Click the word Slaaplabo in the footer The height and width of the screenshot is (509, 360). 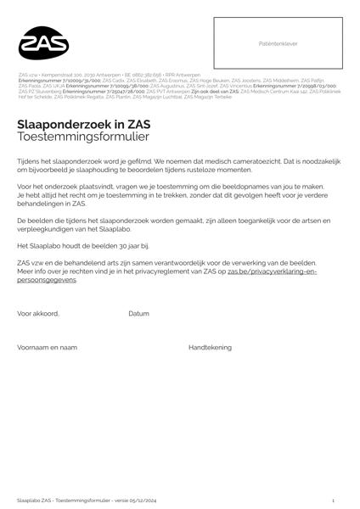(28, 501)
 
